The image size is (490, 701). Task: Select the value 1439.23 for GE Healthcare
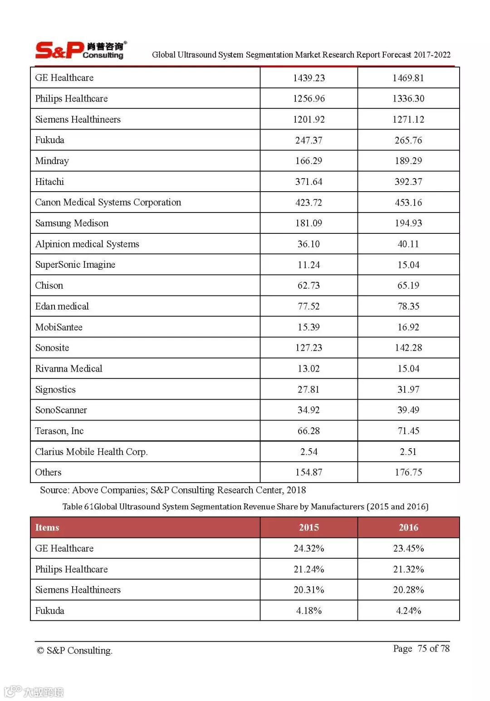click(x=309, y=78)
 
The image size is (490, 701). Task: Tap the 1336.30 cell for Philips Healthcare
click(x=408, y=99)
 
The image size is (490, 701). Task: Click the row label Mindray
click(x=52, y=161)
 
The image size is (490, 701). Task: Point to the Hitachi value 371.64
click(x=309, y=182)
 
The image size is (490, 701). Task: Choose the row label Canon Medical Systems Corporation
click(x=108, y=203)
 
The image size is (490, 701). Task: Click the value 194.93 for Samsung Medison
click(x=408, y=223)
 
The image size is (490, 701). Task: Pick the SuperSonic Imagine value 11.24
click(x=309, y=265)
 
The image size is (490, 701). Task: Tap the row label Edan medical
click(x=62, y=306)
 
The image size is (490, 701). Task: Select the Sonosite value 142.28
click(x=408, y=348)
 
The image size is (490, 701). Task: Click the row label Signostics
click(x=55, y=390)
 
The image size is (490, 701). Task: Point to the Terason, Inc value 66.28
click(x=309, y=431)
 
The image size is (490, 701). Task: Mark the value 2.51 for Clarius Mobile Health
click(x=408, y=452)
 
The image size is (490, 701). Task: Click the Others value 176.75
click(x=408, y=473)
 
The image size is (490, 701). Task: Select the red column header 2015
click(x=309, y=527)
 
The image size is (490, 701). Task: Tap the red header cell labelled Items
click(x=47, y=527)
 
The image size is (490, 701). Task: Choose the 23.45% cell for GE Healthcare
click(x=408, y=548)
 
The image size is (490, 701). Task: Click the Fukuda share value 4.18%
click(x=309, y=611)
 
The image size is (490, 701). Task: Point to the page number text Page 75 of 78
click(x=421, y=648)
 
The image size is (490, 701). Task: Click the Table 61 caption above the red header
click(x=245, y=507)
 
